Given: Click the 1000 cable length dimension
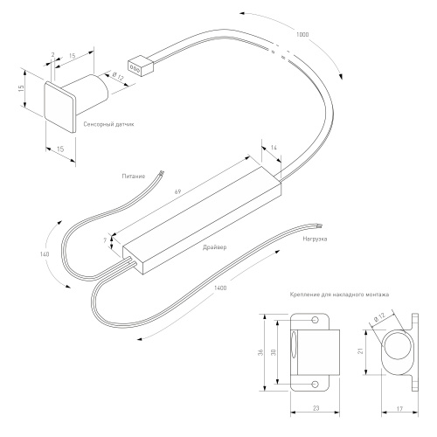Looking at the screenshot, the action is pyautogui.click(x=302, y=35).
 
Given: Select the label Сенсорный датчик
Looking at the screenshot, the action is pyautogui.click(x=108, y=124).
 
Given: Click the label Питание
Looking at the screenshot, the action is pyautogui.click(x=134, y=177).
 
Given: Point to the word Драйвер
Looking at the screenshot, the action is pyautogui.click(x=215, y=247).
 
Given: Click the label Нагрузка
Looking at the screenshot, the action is pyautogui.click(x=315, y=239).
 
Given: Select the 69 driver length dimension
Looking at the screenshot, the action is pyautogui.click(x=177, y=191).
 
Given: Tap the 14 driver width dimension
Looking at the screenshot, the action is pyautogui.click(x=274, y=148).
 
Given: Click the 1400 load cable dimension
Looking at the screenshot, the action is pyautogui.click(x=220, y=288).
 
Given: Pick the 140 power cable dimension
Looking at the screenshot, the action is pyautogui.click(x=45, y=254).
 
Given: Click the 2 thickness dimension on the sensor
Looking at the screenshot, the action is pyautogui.click(x=52, y=54).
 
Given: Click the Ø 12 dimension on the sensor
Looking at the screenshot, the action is pyautogui.click(x=118, y=76).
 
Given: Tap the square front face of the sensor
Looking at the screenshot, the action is pyautogui.click(x=60, y=107).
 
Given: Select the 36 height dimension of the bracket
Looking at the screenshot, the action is pyautogui.click(x=261, y=352).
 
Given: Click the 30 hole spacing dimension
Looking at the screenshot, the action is pyautogui.click(x=274, y=352).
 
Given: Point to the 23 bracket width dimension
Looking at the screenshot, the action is pyautogui.click(x=316, y=408).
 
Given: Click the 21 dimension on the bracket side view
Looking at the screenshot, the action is pyautogui.click(x=361, y=351).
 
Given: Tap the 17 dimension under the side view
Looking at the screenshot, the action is pyautogui.click(x=399, y=409).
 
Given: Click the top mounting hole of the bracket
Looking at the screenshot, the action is pyautogui.click(x=315, y=320).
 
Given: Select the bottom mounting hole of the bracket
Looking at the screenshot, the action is pyautogui.click(x=315, y=384).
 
